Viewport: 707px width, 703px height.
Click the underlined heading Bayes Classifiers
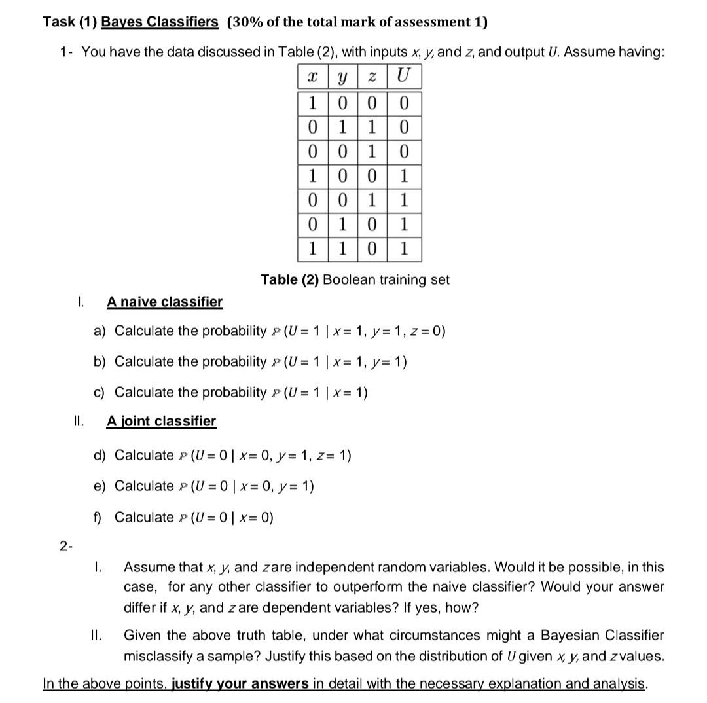160,22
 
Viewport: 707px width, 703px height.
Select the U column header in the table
404,77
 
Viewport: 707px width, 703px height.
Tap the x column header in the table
312,77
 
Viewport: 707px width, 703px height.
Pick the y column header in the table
341,77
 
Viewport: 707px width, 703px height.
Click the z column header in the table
371,77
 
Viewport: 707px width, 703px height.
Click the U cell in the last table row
404,249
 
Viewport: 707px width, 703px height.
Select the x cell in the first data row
312,103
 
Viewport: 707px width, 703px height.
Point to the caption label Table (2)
289,279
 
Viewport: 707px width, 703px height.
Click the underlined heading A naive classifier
164,302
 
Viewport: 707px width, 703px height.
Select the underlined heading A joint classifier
161,421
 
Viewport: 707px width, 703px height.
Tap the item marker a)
100,331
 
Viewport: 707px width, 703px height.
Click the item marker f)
99,517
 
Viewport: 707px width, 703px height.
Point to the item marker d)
100,455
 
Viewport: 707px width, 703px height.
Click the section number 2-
65,547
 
